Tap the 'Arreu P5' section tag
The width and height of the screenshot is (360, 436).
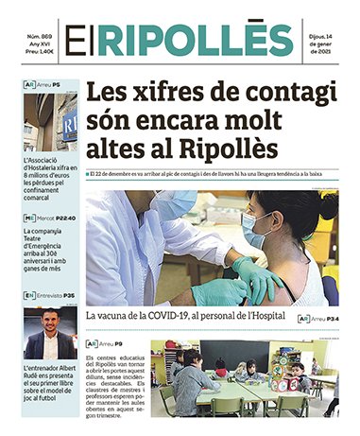(43, 85)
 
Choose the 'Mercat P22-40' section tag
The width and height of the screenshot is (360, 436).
(49, 218)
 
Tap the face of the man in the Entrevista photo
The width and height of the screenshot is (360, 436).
(50, 323)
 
